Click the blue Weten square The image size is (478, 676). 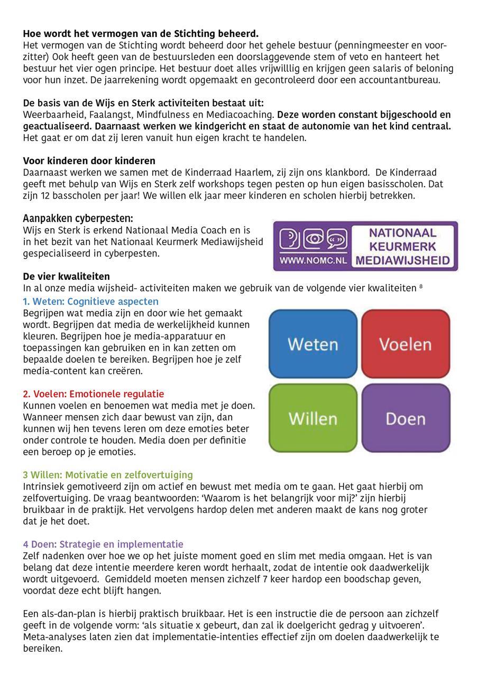click(x=313, y=344)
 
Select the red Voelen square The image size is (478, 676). click(x=406, y=344)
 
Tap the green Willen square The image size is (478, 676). click(x=313, y=418)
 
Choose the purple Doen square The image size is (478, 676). click(x=406, y=418)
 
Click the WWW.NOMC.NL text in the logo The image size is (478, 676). click(x=310, y=260)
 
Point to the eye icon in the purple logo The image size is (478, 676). click(x=315, y=239)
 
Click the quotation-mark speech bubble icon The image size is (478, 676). click(x=337, y=239)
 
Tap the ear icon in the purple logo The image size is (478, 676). click(x=291, y=239)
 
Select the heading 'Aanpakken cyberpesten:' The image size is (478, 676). click(x=78, y=219)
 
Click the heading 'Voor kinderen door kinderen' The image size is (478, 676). click(x=89, y=161)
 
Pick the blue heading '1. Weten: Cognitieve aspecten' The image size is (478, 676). click(x=90, y=302)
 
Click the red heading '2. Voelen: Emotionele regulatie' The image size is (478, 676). click(x=93, y=394)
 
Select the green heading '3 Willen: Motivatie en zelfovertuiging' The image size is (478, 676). click(x=108, y=475)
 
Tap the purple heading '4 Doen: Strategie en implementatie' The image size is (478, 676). click(x=103, y=544)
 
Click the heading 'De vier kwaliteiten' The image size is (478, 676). click(x=66, y=276)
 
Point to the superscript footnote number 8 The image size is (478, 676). click(x=421, y=286)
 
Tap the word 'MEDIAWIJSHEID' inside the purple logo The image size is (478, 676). click(x=403, y=260)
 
